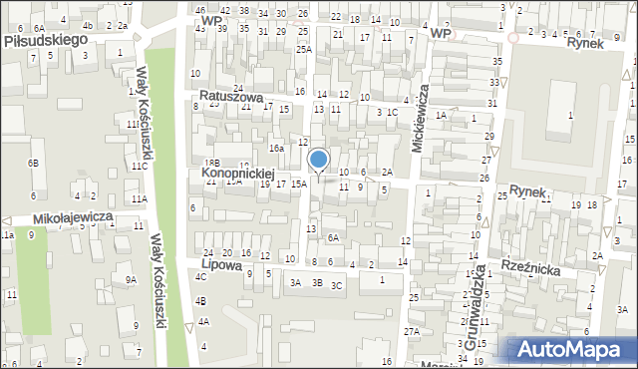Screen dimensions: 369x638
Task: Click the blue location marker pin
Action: [x=319, y=161]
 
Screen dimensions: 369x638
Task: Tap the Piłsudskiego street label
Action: [x=46, y=39]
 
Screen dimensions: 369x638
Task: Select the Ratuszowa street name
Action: [x=230, y=98]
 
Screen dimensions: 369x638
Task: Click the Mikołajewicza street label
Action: [x=59, y=216]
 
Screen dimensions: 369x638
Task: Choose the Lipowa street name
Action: [x=221, y=265]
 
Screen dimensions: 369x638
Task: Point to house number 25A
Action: [x=303, y=49]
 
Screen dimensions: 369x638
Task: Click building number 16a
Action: [x=276, y=148]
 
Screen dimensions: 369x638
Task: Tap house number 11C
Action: [x=140, y=166]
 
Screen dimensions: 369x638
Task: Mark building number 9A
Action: [x=131, y=280]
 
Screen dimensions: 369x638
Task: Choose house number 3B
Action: [x=317, y=283]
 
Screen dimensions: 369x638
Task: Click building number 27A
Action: [x=411, y=331]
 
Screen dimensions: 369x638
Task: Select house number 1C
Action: [x=393, y=112]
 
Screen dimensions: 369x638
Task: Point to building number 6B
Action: [x=33, y=163]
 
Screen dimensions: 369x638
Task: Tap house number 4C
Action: [x=200, y=276]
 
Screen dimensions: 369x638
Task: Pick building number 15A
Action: [x=298, y=184]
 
